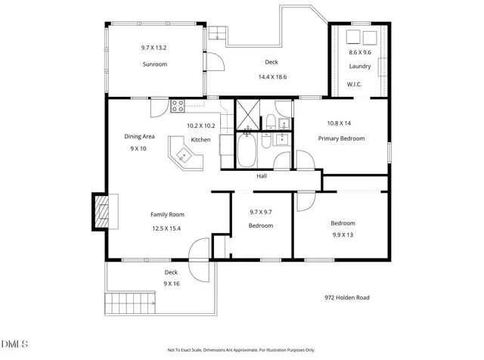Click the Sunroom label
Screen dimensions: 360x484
tap(154, 65)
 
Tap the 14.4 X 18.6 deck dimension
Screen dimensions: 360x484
tap(271, 77)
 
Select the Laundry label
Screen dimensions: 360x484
tap(360, 67)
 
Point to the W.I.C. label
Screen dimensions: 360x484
tap(354, 84)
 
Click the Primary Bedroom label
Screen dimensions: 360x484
tap(341, 138)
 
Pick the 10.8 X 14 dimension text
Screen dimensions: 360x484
tap(340, 123)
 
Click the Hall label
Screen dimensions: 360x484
tap(262, 175)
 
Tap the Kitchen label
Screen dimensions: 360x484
tap(200, 140)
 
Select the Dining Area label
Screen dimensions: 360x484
tap(139, 136)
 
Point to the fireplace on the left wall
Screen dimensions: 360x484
tap(100, 211)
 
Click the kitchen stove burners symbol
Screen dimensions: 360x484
tap(178, 106)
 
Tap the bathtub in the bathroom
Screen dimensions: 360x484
tap(247, 151)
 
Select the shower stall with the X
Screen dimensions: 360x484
tap(247, 114)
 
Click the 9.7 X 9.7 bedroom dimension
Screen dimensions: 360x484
tap(260, 212)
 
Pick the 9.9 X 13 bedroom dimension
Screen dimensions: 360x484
tap(342, 235)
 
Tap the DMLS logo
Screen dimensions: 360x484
tap(14, 346)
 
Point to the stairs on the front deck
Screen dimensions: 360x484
tap(132, 304)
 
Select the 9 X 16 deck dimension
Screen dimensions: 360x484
tap(171, 284)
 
